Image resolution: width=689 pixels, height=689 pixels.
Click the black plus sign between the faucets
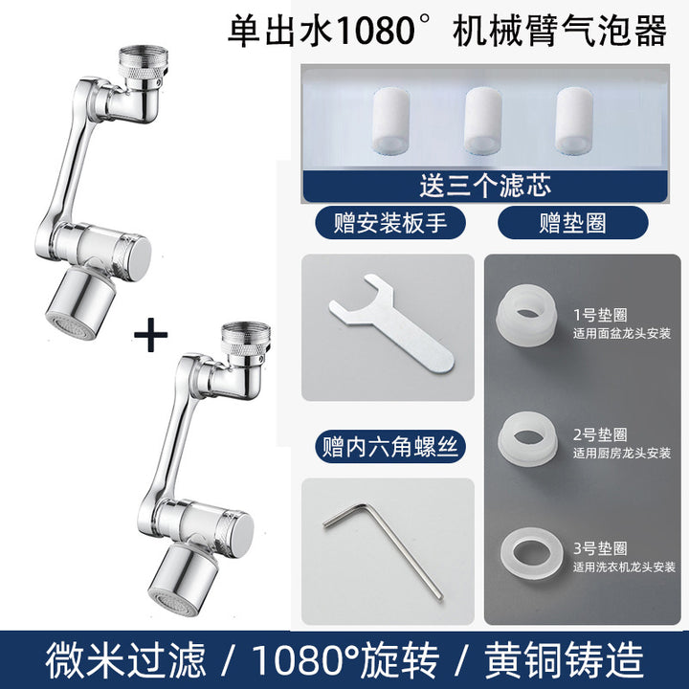[x=151, y=335]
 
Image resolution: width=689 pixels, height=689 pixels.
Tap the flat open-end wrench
[x=390, y=324]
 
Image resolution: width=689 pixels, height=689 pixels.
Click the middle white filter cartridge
[x=483, y=121]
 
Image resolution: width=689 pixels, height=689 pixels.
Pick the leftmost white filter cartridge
[x=390, y=121]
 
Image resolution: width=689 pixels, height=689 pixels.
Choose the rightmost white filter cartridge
[x=574, y=121]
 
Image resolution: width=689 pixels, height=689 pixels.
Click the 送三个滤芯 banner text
[x=484, y=186]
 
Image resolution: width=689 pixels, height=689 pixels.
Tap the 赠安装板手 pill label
[x=390, y=223]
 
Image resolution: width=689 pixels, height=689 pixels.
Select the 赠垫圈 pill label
[x=572, y=223]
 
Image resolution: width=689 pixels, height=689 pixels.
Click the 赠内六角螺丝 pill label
[x=390, y=447]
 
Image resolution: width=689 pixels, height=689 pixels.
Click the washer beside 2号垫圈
[x=527, y=439]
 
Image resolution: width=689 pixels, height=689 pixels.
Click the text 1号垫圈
[x=600, y=315]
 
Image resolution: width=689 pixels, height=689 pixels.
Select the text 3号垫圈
[x=600, y=548]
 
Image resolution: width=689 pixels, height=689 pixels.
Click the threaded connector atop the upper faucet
[x=144, y=67]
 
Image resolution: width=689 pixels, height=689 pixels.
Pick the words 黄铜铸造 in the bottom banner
[x=565, y=660]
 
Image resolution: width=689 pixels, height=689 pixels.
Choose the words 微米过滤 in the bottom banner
[x=125, y=660]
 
